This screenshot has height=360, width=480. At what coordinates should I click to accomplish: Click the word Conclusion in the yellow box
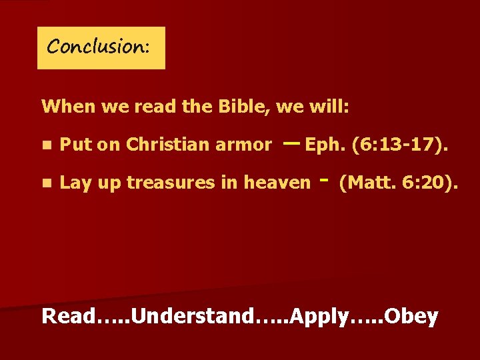click(98, 47)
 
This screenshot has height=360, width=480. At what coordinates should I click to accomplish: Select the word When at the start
click(64, 106)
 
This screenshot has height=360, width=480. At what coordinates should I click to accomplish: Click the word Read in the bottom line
click(66, 316)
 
